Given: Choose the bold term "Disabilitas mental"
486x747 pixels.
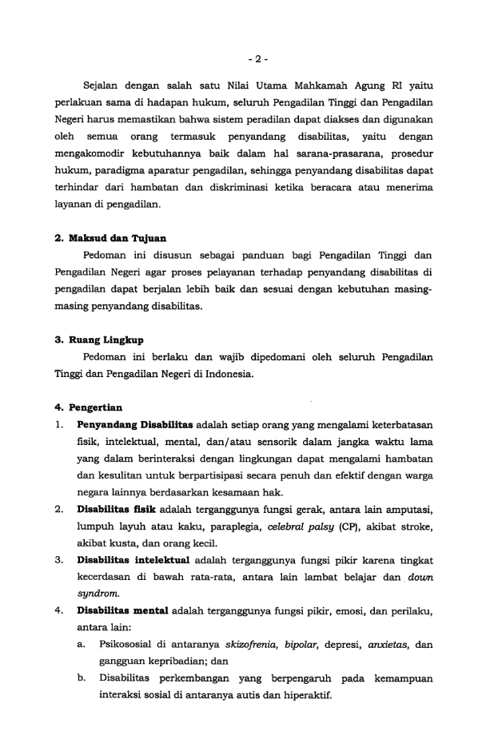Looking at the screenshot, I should [121, 611].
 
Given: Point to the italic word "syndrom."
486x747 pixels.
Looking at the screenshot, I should [96, 592].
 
